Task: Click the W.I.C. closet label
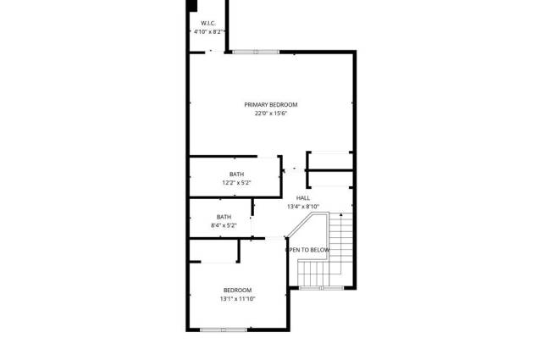pos(208,23)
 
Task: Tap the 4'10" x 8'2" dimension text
pos(208,32)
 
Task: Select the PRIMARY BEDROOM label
pos(271,105)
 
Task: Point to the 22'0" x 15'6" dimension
pos(271,114)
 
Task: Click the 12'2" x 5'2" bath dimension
pos(236,183)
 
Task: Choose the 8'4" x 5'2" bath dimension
pos(224,225)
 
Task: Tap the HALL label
pos(303,198)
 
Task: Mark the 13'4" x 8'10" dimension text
pos(303,207)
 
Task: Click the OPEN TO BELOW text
pos(307,250)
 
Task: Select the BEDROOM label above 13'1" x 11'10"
pos(237,291)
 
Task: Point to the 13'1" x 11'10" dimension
pos(237,299)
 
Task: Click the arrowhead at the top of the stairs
pos(341,215)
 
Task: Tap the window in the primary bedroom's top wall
pos(256,53)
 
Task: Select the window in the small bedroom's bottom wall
pos(224,330)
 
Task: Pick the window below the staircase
pos(322,288)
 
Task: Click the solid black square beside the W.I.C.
pos(191,6)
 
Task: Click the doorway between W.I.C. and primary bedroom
pos(214,53)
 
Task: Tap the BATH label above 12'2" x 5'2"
pos(236,174)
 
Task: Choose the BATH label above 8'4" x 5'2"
pos(224,217)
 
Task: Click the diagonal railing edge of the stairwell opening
pos(300,225)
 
